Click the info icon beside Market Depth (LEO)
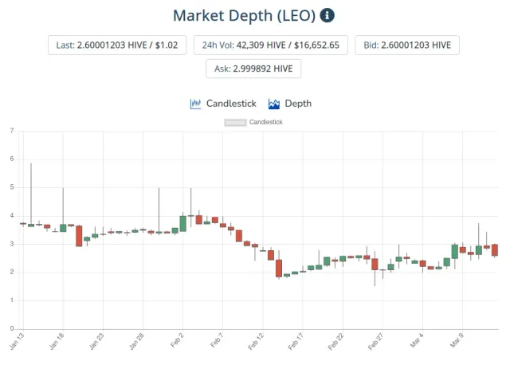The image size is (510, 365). point(327,15)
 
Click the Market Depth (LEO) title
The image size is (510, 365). point(245,16)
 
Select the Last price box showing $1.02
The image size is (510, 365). point(117,45)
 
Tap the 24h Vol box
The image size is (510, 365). point(271,45)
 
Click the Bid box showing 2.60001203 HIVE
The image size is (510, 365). point(407,45)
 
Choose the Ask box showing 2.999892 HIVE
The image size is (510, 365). point(253,69)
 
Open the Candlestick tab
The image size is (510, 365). point(223,104)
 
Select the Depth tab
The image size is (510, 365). point(290,104)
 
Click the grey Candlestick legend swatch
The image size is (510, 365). point(235,122)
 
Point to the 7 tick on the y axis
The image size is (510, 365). point(12,131)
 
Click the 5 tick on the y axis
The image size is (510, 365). point(12,187)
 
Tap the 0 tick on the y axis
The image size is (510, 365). point(12,328)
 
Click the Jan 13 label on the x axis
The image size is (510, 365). point(17,341)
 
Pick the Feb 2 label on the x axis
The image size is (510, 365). point(177,340)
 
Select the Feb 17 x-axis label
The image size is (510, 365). point(296,341)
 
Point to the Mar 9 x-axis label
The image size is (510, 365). point(457,340)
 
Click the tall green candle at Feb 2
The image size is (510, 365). point(183,224)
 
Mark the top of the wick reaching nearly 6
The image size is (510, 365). point(31,163)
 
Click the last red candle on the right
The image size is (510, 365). point(495,249)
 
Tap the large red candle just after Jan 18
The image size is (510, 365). point(79,236)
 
